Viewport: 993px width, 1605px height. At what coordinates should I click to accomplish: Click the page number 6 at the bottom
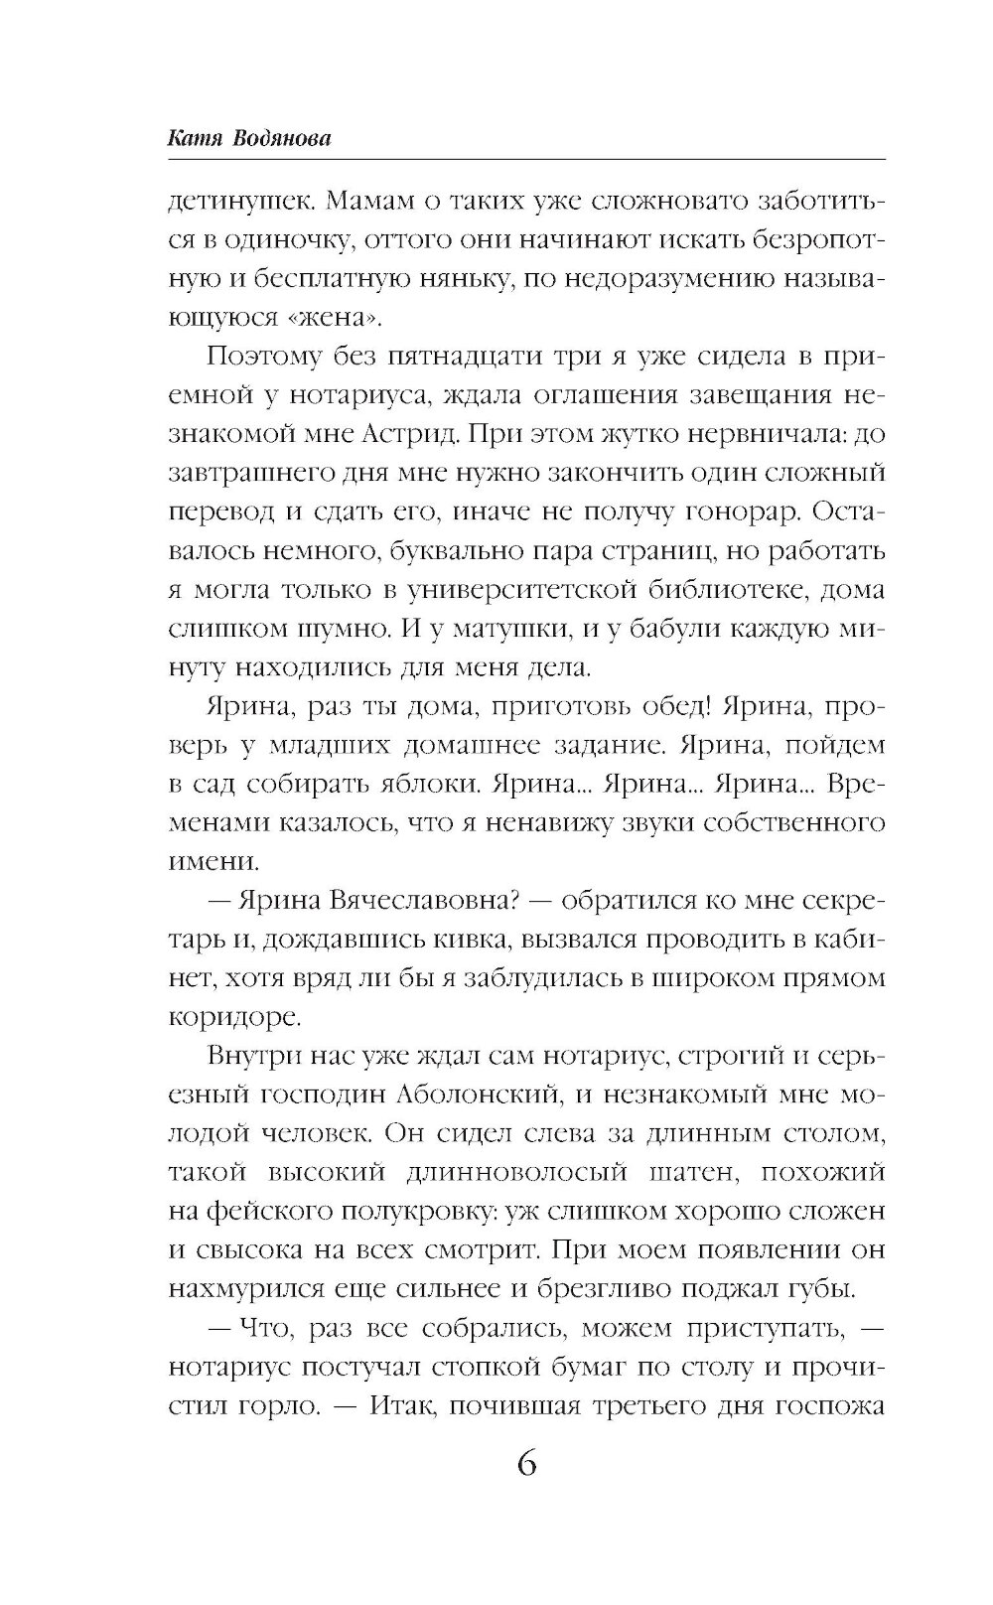click(527, 1465)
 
